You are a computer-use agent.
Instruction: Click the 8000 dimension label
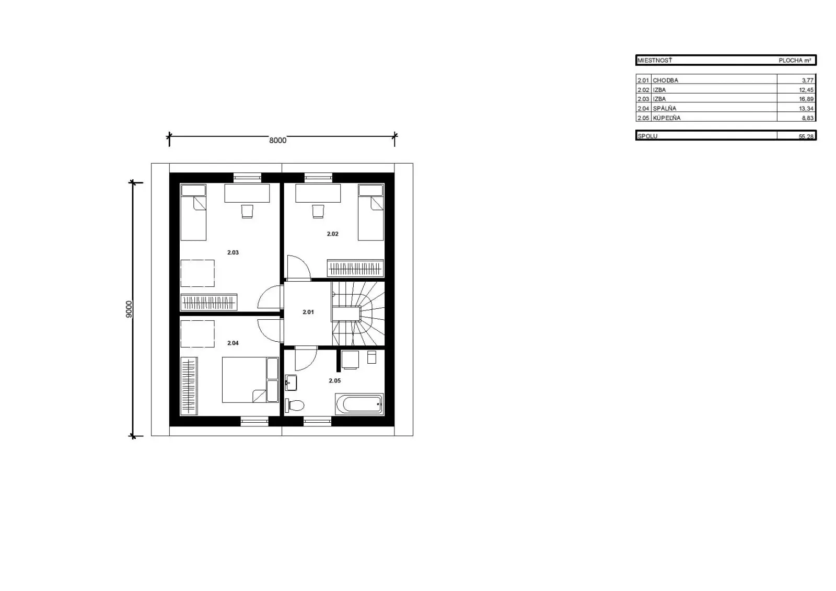(277, 141)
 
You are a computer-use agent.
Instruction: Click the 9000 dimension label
(129, 309)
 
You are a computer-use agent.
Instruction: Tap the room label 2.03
(233, 252)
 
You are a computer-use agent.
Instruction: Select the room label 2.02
(332, 234)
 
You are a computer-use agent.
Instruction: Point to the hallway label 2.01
(308, 312)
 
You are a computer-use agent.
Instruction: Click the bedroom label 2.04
(233, 343)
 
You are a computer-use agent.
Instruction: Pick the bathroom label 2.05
(335, 381)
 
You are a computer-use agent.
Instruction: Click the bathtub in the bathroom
(359, 404)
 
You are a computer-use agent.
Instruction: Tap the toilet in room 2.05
(295, 405)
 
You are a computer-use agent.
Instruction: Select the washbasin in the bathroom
(291, 383)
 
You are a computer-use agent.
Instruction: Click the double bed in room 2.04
(250, 380)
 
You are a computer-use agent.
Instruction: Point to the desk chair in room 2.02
(318, 211)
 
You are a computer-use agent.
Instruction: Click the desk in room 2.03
(247, 193)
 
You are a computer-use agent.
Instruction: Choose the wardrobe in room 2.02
(355, 268)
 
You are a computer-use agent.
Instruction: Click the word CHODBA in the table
(666, 80)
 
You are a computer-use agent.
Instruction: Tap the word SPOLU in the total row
(647, 136)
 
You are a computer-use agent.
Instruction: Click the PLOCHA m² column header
(795, 60)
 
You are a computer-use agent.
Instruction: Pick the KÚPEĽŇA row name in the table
(667, 118)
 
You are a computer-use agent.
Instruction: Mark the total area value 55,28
(806, 136)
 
